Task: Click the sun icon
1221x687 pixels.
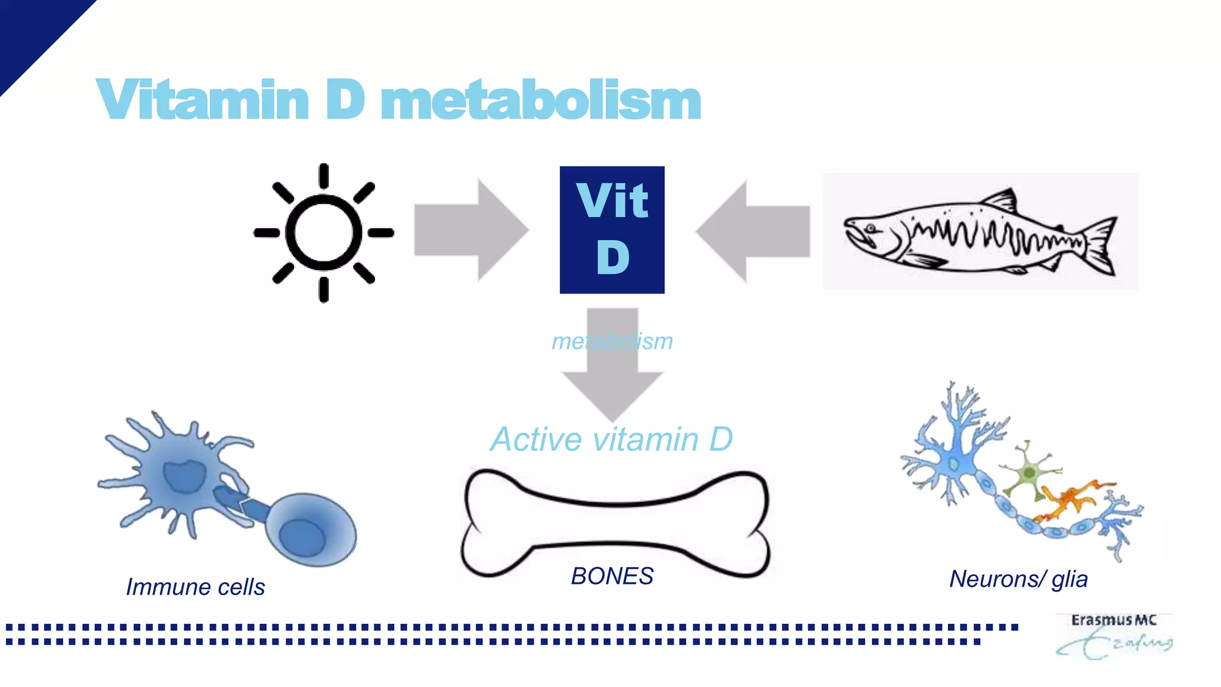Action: tap(324, 233)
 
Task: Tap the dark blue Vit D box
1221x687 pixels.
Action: tap(612, 230)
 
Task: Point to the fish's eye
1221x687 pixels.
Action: tap(871, 228)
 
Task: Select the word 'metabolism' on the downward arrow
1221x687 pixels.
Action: tap(612, 342)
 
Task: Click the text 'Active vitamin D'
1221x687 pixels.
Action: tap(612, 440)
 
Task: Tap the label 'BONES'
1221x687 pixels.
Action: tap(612, 576)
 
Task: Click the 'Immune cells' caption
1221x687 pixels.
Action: tap(195, 587)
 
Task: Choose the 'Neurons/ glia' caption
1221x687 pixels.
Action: tap(1018, 579)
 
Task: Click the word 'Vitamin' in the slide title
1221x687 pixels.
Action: tap(203, 100)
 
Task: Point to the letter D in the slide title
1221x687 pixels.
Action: tap(345, 100)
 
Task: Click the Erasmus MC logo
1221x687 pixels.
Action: tap(1114, 636)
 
